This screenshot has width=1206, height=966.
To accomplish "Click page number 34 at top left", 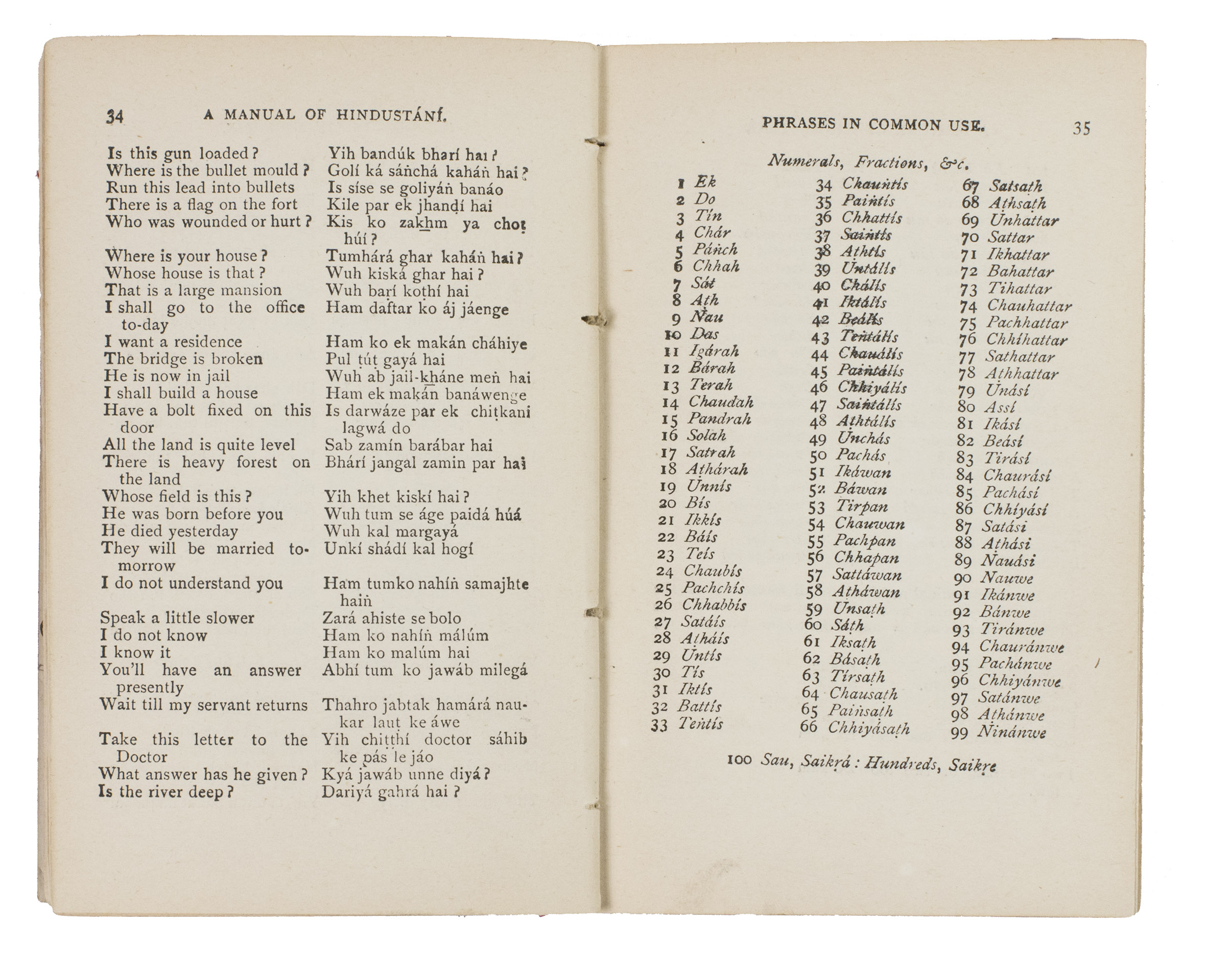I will [115, 117].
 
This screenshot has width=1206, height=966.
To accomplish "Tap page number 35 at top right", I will [1081, 129].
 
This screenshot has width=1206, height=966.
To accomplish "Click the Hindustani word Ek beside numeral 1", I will [705, 182].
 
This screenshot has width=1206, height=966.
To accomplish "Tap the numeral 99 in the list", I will [959, 733].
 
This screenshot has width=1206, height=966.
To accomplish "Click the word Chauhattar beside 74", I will [1029, 306].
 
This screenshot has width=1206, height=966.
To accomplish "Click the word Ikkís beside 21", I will [703, 520].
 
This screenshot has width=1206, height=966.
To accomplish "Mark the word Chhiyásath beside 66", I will [869, 728].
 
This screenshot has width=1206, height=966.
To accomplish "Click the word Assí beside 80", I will [1000, 407].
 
